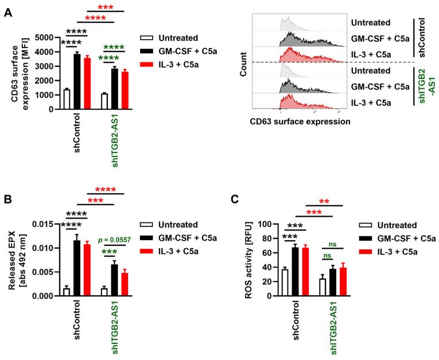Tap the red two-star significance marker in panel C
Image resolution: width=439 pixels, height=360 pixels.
pyautogui.click(x=332, y=201)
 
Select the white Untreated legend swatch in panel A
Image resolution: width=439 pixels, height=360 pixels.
pyautogui.click(x=149, y=38)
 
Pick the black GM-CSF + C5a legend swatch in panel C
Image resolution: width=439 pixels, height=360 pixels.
pyautogui.click(x=366, y=237)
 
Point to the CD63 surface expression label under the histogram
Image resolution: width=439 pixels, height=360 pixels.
pyautogui.click(x=300, y=121)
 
